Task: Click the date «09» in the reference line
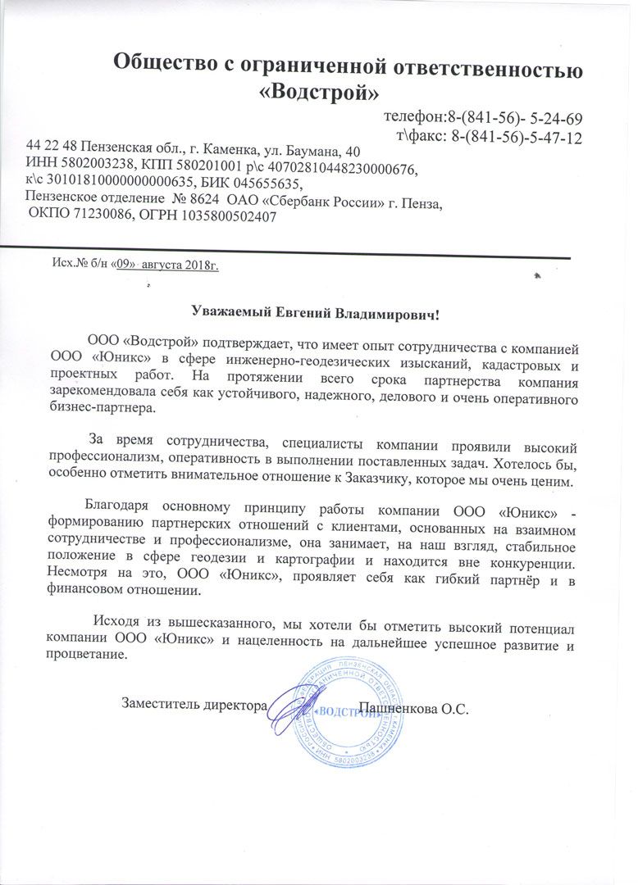(125, 265)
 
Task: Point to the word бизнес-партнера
(99, 406)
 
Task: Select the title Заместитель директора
(194, 703)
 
